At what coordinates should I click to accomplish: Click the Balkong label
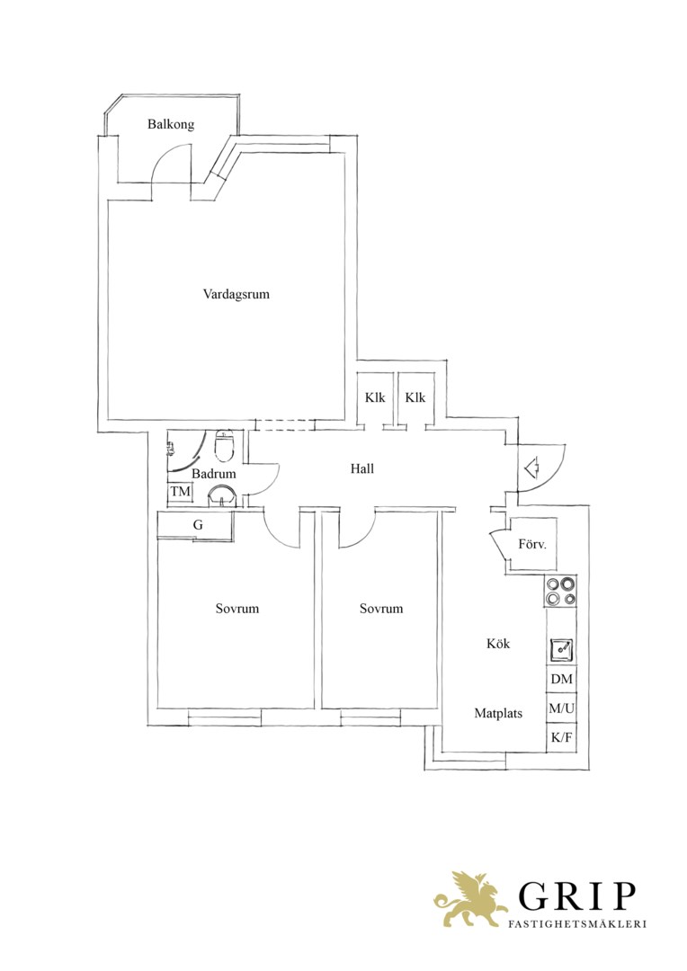coord(170,124)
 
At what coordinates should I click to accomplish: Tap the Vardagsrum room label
coord(236,294)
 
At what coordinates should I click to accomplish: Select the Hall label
coord(361,468)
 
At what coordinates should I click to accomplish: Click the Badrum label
coord(214,474)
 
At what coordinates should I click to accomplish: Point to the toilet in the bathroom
coord(223,447)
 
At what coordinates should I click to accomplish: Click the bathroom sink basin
coord(222,496)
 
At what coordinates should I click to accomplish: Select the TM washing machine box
coord(180,493)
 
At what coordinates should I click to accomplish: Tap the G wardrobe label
coord(198,525)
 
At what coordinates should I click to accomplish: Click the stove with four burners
coord(560,591)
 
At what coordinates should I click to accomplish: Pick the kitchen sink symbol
coord(561,650)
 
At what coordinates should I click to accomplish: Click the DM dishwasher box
coord(561,680)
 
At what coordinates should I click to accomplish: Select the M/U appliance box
coord(561,708)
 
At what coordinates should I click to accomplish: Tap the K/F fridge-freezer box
coord(561,737)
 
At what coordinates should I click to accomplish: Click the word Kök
coord(498,644)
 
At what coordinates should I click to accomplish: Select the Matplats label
coord(498,713)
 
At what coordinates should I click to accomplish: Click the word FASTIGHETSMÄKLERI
coord(577,924)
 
